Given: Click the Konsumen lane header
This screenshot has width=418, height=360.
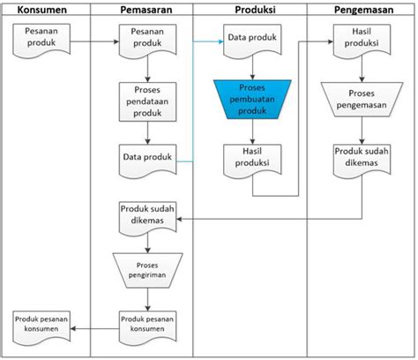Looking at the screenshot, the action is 42,10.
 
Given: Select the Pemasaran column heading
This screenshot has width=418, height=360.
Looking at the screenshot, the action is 146,10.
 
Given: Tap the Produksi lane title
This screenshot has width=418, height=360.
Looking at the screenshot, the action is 255,10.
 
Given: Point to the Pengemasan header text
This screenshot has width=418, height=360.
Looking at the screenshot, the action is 363,10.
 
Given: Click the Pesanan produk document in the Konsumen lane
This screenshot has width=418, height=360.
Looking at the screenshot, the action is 41,41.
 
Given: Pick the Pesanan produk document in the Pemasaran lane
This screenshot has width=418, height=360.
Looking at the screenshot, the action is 147,41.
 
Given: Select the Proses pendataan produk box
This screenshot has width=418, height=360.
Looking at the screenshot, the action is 147,101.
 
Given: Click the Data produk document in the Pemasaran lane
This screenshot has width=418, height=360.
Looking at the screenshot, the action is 147,161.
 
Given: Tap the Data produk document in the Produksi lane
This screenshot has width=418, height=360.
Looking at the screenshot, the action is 252,41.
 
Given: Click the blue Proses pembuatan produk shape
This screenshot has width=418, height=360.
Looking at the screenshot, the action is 252,100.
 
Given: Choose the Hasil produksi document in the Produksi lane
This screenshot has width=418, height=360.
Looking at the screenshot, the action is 252,161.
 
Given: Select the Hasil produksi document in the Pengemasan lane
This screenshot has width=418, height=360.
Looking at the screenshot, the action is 362,41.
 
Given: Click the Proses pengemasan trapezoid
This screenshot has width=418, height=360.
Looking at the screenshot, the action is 362,100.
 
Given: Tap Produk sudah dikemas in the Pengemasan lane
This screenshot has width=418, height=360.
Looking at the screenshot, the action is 362,161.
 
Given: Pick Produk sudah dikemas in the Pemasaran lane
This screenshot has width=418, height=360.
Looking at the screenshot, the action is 147,219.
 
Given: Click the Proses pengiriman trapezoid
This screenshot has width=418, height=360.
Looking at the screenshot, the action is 147,270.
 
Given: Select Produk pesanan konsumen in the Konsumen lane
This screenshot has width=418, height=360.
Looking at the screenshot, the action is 41,328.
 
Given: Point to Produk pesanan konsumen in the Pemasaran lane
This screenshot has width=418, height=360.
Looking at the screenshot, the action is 147,328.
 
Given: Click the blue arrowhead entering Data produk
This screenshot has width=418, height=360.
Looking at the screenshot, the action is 221,41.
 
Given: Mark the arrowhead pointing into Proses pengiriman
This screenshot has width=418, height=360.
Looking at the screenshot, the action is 147,251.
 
